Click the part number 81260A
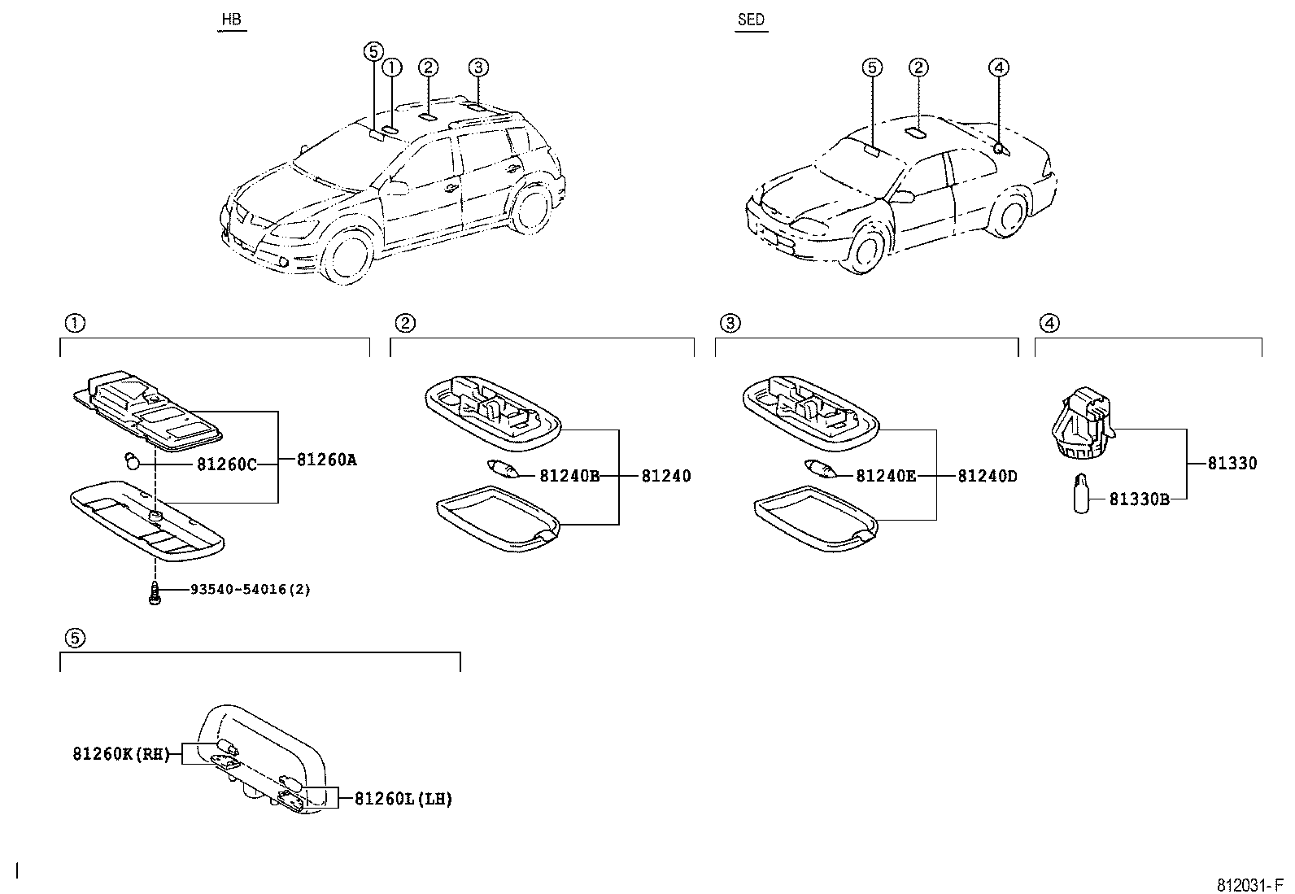(326, 460)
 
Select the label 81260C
(226, 464)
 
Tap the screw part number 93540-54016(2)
(250, 589)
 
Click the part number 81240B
(569, 476)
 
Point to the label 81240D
(987, 476)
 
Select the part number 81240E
(885, 476)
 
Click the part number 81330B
(1139, 499)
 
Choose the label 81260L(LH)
(403, 799)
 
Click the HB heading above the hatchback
(232, 20)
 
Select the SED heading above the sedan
(751, 20)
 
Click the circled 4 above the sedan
(999, 68)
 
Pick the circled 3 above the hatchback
(478, 68)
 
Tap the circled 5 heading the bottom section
(74, 638)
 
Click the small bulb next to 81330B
(1080, 494)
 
